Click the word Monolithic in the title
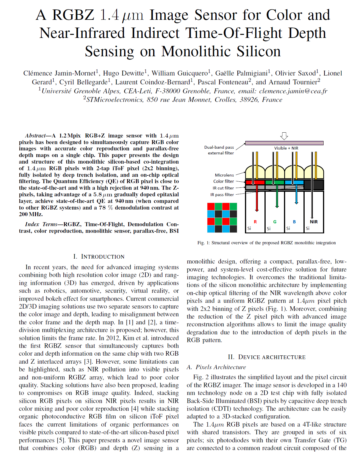pos(197,51)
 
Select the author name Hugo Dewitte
pos(124,73)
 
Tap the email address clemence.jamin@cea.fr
pos(293,91)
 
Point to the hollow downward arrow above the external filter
pos(284,136)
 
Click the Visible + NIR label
pos(286,148)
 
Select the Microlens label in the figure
pos(224,175)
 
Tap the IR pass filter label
pos(222,195)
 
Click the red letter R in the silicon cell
pos(255,222)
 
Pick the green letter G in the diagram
pos(275,222)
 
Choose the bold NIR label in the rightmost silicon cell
pos(314,222)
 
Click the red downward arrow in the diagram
pos(257,201)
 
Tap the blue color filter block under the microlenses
pos(294,182)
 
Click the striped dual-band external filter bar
pos(284,143)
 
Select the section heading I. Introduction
pos(99,257)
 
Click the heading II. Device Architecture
pos(267,357)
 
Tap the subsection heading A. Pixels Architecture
pos(216,367)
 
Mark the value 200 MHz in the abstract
pos(31,214)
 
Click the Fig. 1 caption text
pos(266,243)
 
